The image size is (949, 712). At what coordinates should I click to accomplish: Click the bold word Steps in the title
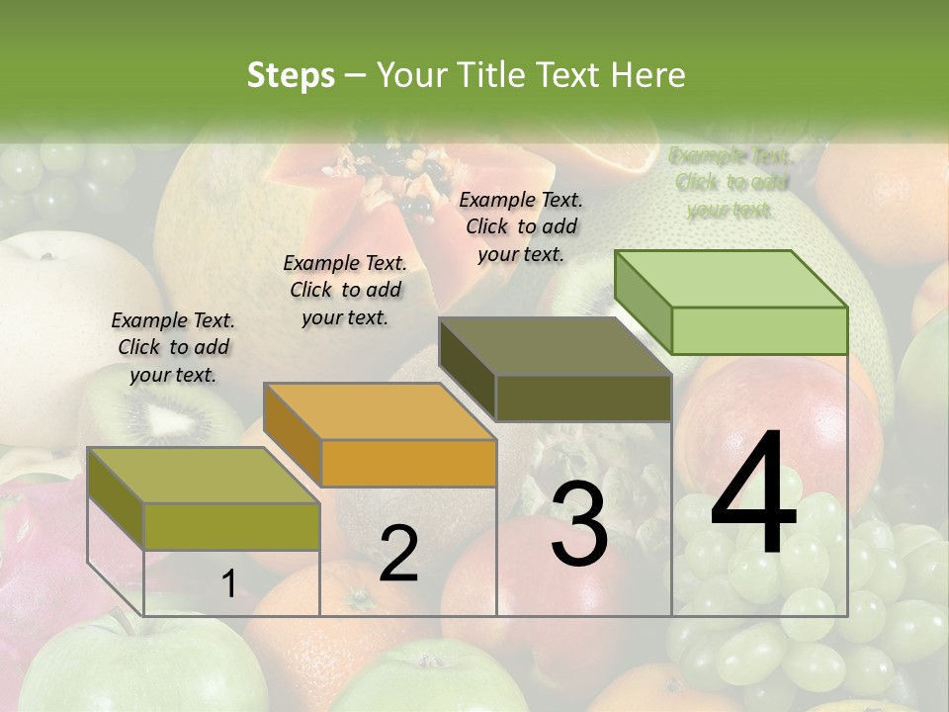[x=291, y=76]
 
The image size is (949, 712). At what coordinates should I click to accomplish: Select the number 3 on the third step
[x=579, y=524]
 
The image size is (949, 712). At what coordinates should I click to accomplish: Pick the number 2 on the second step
[x=398, y=554]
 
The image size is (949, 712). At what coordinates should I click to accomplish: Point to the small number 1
[x=228, y=583]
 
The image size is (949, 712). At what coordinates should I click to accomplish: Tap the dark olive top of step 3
[x=555, y=347]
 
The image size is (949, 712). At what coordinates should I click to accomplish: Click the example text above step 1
[x=173, y=347]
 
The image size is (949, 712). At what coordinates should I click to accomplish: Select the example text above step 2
[x=345, y=290]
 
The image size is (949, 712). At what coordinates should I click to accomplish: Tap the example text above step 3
[x=521, y=226]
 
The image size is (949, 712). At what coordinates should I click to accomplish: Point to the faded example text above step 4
[x=731, y=183]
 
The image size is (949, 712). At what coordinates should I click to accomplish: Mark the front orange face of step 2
[x=408, y=463]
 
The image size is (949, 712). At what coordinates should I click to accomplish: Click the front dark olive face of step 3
[x=583, y=399]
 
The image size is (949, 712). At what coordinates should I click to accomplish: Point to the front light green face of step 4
[x=759, y=330]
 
